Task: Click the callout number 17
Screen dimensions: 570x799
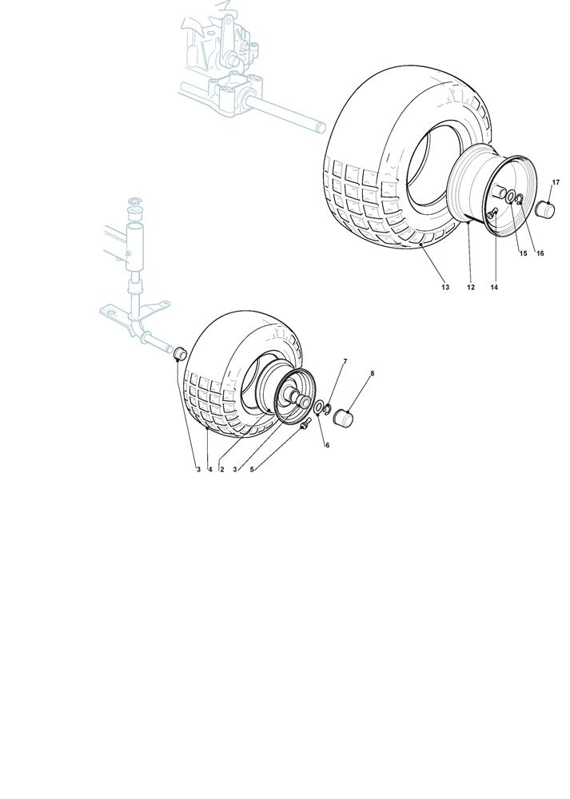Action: (556, 182)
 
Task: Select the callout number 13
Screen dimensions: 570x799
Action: (445, 288)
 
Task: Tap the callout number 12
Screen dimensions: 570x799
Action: (471, 288)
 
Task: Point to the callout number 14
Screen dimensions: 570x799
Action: (494, 288)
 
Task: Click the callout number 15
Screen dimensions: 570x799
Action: (523, 253)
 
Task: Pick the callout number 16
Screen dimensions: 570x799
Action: (540, 253)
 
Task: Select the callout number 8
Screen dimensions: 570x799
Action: (373, 373)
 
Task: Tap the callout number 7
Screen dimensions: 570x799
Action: (345, 361)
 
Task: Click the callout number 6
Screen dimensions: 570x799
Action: (327, 445)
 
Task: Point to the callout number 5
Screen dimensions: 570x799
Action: (251, 469)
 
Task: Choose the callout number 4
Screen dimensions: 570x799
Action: (210, 469)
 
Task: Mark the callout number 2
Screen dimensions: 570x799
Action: (222, 469)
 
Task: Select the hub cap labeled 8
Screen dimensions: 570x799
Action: (343, 417)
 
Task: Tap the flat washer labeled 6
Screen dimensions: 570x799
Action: (317, 408)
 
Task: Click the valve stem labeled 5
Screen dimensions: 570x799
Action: (305, 423)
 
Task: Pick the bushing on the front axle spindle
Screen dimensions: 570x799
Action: (181, 353)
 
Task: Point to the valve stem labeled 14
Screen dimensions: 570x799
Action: (492, 214)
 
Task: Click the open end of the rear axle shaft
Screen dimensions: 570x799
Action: (321, 127)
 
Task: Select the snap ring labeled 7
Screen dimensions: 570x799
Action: (328, 407)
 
